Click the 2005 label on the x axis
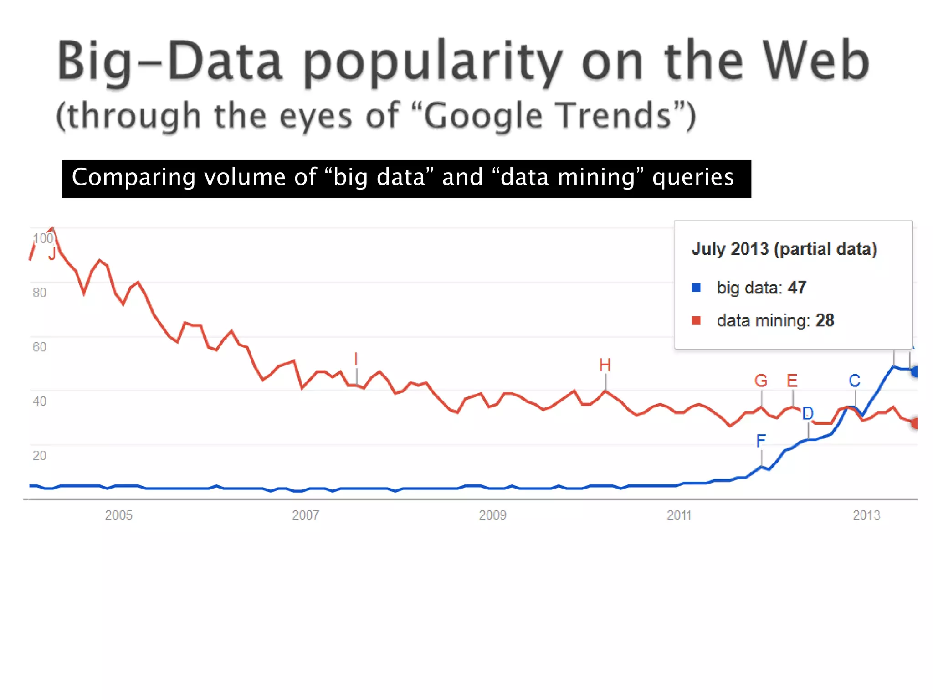click(x=118, y=515)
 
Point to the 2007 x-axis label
click(x=305, y=515)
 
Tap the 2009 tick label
click(x=492, y=515)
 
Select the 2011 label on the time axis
click(x=679, y=515)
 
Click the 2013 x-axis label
click(x=866, y=515)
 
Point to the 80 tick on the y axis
click(x=39, y=293)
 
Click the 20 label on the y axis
click(x=39, y=456)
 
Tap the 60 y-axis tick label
click(x=39, y=347)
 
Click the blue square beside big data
click(x=696, y=288)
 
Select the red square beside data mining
click(x=696, y=321)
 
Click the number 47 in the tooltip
click(x=797, y=288)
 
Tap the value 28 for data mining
click(x=825, y=321)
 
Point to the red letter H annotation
click(x=605, y=365)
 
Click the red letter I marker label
click(x=356, y=359)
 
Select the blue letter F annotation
click(x=761, y=441)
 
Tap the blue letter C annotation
click(x=854, y=381)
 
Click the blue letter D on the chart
click(x=808, y=413)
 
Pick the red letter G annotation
click(x=761, y=381)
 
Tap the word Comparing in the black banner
click(x=133, y=177)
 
